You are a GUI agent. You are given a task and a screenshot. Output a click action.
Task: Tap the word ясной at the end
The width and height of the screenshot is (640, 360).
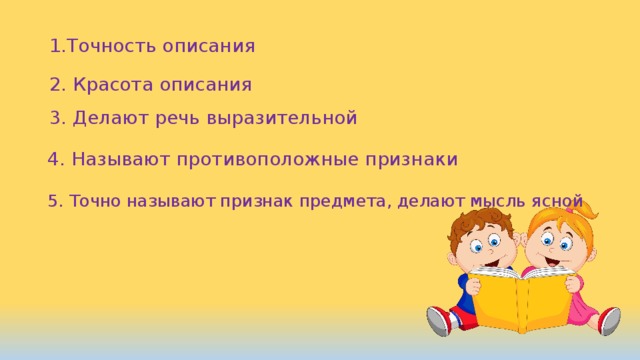[x=557, y=201]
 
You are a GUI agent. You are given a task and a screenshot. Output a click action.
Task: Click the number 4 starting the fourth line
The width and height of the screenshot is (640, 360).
[x=54, y=159]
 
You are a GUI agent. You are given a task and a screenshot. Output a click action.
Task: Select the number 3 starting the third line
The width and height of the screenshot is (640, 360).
[x=55, y=119]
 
